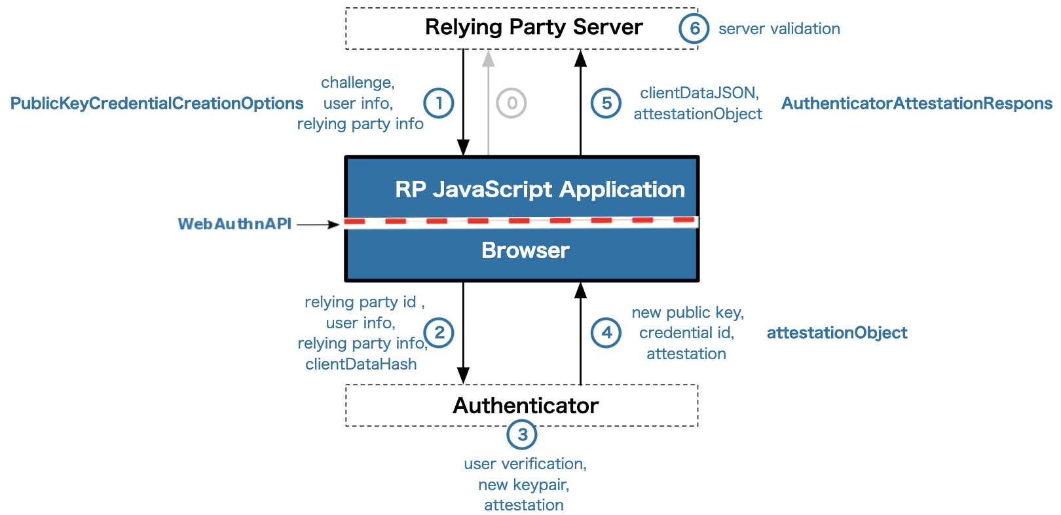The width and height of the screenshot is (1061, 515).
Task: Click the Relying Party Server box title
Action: [534, 28]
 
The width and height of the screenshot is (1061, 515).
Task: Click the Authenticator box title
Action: [525, 406]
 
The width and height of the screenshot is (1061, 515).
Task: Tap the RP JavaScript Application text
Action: [540, 189]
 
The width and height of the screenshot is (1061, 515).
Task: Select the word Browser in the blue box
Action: [525, 250]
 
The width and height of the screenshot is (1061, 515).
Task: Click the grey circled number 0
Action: [512, 103]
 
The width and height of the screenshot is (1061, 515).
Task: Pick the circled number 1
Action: [439, 103]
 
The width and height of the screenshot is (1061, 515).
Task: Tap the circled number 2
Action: [439, 333]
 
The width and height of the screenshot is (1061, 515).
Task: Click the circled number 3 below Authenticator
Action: [522, 434]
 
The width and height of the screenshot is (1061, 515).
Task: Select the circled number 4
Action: [606, 333]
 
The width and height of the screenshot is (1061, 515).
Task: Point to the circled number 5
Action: [606, 103]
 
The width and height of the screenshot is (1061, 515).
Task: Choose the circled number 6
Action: [694, 28]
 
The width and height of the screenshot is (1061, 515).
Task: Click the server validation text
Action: [779, 29]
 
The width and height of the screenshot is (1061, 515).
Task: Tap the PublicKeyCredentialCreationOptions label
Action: [157, 104]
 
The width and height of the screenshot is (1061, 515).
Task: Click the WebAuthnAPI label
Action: [234, 224]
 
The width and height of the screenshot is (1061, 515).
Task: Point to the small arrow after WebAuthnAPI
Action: [319, 224]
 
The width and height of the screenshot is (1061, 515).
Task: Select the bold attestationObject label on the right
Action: [836, 333]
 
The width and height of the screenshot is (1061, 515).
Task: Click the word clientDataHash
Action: [361, 364]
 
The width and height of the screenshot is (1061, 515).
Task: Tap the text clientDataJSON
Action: [699, 93]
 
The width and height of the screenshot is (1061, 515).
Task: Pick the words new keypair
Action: [523, 485]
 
